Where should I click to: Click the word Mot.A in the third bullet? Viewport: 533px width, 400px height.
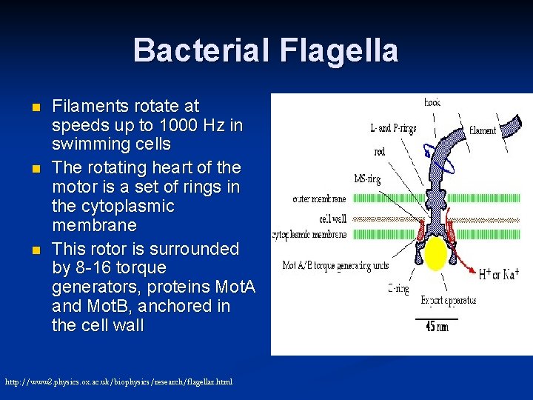233,286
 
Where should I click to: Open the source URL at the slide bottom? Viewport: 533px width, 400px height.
118,381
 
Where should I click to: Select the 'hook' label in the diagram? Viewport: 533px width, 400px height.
432,102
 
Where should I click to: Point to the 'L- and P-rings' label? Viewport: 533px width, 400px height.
392,128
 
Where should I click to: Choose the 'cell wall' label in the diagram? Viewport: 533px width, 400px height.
332,219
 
